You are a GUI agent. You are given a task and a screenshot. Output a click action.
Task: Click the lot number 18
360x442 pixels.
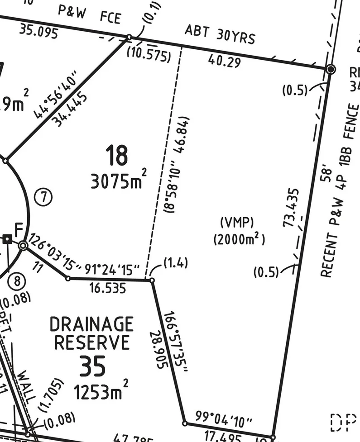click(x=117, y=155)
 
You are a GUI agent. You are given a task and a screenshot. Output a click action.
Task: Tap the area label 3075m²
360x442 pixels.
click(x=119, y=181)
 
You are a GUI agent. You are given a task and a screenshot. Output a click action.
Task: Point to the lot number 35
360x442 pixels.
click(x=92, y=366)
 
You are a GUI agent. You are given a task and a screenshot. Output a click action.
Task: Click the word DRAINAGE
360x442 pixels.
click(x=91, y=324)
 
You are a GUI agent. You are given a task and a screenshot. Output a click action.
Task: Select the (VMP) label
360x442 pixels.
click(x=237, y=223)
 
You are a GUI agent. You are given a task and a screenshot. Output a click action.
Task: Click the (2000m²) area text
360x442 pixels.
click(x=239, y=239)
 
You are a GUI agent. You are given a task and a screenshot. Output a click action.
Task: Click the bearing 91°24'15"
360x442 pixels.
click(x=109, y=270)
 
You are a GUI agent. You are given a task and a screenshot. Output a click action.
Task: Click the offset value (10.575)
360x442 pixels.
click(x=149, y=55)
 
